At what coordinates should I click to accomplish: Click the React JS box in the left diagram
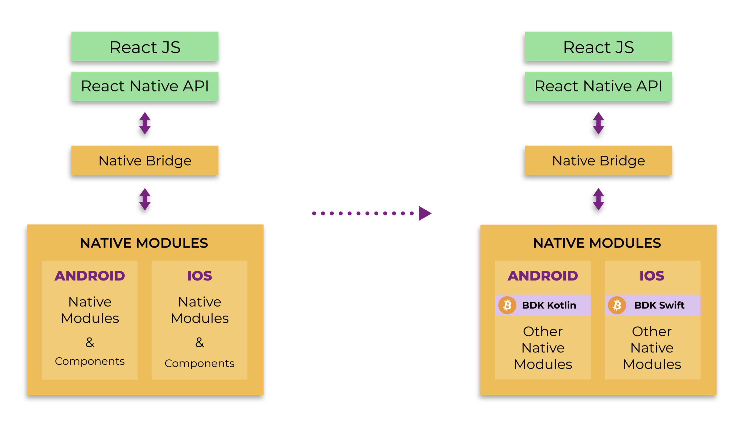click(145, 47)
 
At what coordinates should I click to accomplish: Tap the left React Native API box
click(145, 86)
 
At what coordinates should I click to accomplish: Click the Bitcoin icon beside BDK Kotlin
click(507, 305)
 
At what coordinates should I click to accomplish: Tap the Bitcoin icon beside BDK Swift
click(617, 305)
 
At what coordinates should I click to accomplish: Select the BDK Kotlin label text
click(549, 305)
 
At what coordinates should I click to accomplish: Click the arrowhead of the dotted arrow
click(425, 213)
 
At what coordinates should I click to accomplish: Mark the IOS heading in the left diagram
click(199, 275)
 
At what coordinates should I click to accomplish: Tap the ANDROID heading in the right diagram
click(543, 275)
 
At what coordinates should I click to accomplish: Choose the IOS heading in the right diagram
click(652, 275)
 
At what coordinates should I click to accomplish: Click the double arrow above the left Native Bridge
click(145, 123)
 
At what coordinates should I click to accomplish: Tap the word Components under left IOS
click(199, 363)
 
